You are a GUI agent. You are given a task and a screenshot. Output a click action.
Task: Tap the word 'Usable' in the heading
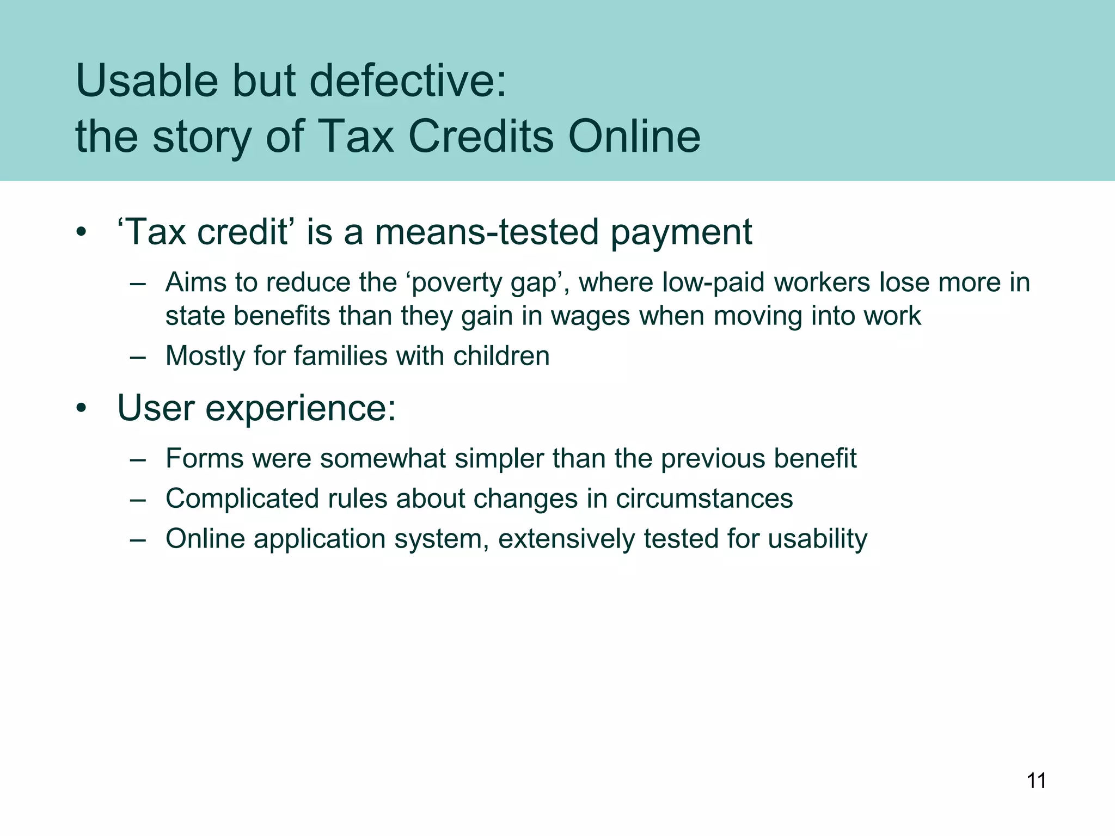pyautogui.click(x=146, y=81)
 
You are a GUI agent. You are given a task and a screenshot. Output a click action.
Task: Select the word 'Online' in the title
pyautogui.click(x=634, y=136)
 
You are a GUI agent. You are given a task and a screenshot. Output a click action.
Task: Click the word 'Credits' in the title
pyautogui.click(x=481, y=136)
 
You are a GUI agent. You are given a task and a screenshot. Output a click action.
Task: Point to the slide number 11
pyautogui.click(x=1036, y=781)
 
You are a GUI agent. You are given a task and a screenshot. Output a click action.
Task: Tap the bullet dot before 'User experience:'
pyautogui.click(x=81, y=409)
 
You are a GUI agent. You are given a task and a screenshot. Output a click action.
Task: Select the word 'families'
pyautogui.click(x=340, y=356)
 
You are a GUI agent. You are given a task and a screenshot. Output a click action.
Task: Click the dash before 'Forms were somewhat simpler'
pyautogui.click(x=138, y=459)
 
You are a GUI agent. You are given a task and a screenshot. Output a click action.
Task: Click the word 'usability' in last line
pyautogui.click(x=817, y=539)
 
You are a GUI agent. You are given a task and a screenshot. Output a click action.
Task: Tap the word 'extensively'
pyautogui.click(x=566, y=539)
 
